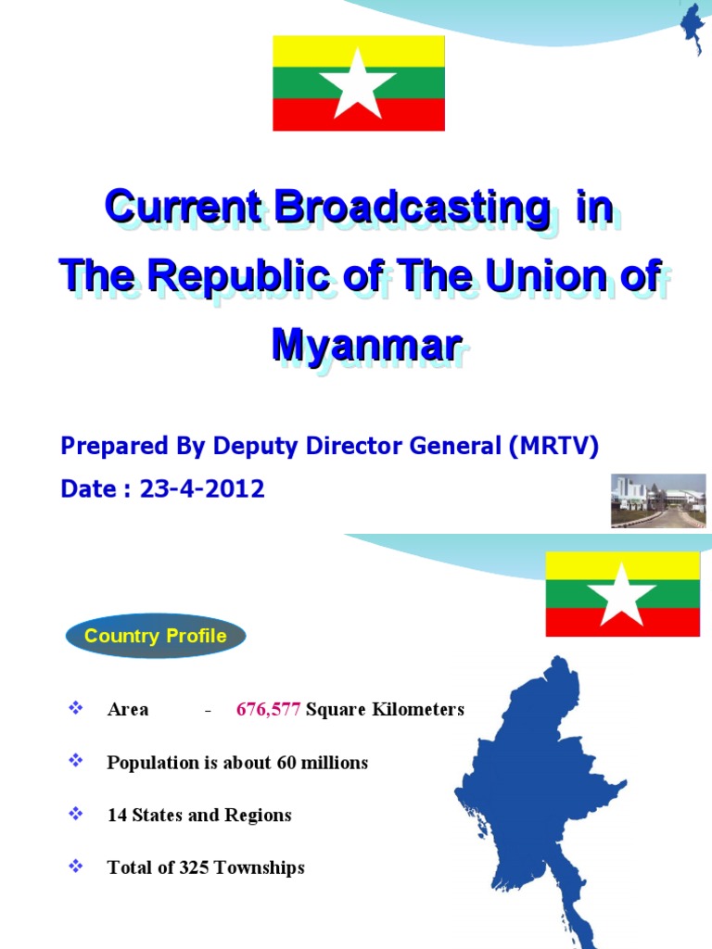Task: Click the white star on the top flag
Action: (x=358, y=83)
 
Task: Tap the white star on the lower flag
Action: (x=622, y=594)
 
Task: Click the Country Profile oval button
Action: (x=156, y=637)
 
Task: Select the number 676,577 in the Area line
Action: (x=268, y=710)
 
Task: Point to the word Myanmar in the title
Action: (x=366, y=345)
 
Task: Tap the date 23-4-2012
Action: (x=202, y=489)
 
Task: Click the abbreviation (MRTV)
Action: (x=553, y=447)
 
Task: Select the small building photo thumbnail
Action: (x=657, y=500)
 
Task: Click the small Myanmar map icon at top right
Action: (x=693, y=28)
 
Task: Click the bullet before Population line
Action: (x=77, y=762)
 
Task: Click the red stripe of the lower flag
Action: (x=575, y=622)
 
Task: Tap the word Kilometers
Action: (x=414, y=710)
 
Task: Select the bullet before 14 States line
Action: (x=77, y=815)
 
